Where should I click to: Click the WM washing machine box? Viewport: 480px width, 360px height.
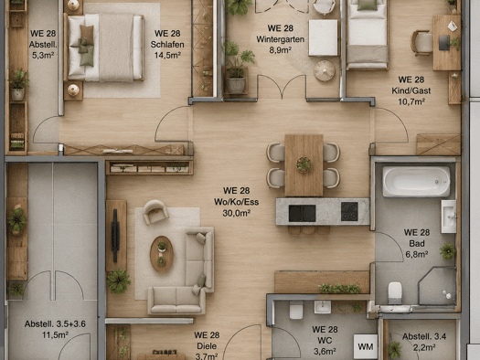click(x=365, y=346)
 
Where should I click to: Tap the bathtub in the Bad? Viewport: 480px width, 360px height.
click(x=416, y=182)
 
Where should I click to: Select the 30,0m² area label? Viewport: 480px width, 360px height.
click(x=236, y=213)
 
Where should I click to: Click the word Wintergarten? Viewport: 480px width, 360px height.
click(x=280, y=39)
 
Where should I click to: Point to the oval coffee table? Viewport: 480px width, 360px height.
click(x=162, y=254)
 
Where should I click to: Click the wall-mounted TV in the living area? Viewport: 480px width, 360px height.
click(x=115, y=236)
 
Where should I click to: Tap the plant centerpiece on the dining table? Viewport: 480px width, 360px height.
click(x=304, y=164)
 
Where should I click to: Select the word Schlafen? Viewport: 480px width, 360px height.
click(x=167, y=45)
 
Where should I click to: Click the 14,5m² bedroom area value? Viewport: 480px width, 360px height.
click(x=167, y=55)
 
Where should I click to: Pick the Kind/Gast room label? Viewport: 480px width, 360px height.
click(x=411, y=90)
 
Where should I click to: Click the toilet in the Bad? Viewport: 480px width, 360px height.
click(x=395, y=292)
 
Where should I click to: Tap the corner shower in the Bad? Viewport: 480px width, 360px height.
click(x=437, y=286)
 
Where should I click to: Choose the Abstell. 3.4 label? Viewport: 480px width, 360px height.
click(x=424, y=336)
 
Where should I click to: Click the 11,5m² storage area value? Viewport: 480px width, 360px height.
click(x=55, y=335)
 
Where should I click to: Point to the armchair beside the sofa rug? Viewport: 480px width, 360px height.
click(x=155, y=211)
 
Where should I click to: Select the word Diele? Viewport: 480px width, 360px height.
click(x=207, y=346)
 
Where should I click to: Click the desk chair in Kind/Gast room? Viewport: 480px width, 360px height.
click(x=421, y=43)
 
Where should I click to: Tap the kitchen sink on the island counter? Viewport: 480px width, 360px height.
click(x=302, y=213)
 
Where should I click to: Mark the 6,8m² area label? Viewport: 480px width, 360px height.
click(x=417, y=255)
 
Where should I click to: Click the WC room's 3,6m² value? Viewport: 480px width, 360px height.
click(x=325, y=352)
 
